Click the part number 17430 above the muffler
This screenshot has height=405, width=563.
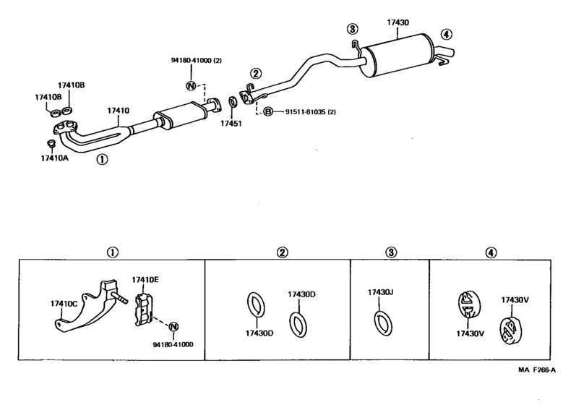pos(397,22)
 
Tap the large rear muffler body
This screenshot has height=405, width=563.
pos(395,55)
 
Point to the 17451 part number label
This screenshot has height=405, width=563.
pos(231,124)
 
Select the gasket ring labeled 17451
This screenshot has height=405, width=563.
pos(233,102)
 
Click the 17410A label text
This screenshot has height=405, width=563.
pos(54,158)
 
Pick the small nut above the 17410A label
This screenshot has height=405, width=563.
pos(51,143)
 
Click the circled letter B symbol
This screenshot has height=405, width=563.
pos(268,112)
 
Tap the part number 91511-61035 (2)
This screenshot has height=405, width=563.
pos(311,112)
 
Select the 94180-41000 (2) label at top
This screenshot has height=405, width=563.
pos(196,60)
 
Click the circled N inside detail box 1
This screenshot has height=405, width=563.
pos(173,327)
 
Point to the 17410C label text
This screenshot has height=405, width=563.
pos(64,304)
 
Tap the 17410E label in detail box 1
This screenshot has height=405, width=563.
pos(145,280)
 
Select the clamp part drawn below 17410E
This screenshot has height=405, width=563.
pos(144,310)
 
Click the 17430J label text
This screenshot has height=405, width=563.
pos(380,292)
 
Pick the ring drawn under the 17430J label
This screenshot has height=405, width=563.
pos(383,323)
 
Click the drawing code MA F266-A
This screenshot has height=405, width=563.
pos(537,370)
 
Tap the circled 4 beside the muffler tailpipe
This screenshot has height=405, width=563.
pos(446,35)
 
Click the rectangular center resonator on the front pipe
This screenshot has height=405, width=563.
pos(179,115)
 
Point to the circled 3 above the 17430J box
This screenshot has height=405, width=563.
pos(391,252)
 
